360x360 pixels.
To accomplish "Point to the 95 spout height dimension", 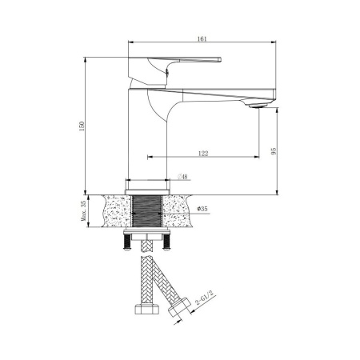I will click(x=273, y=153).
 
